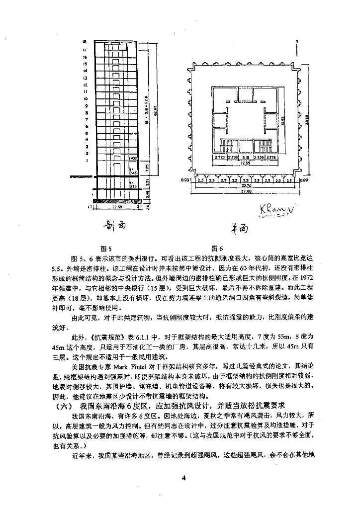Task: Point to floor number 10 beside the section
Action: click(86, 98)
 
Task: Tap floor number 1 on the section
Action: click(87, 161)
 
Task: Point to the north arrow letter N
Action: click(296, 42)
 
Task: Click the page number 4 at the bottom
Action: click(183, 478)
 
